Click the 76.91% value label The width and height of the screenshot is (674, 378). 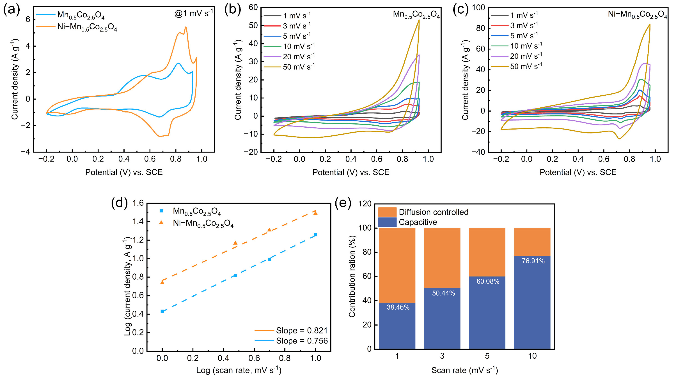[x=533, y=261]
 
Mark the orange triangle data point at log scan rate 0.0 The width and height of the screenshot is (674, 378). [x=162, y=282]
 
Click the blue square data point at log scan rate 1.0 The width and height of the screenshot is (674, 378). [x=316, y=235]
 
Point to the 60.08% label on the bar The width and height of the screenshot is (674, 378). [x=488, y=281]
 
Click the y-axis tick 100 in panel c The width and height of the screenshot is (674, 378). [x=478, y=8]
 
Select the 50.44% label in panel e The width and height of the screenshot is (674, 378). [x=443, y=293]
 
